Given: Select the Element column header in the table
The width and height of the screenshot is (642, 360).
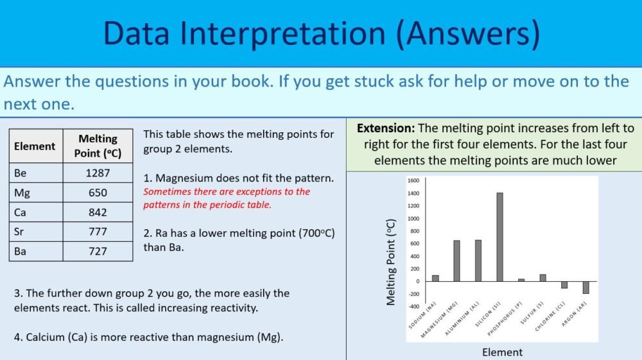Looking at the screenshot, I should tap(35, 146).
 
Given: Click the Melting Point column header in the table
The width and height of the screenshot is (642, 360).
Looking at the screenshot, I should tap(98, 146).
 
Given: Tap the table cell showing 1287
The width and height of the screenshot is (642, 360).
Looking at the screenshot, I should tap(98, 173).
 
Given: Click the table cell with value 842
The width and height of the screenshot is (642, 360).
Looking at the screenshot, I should tap(98, 212).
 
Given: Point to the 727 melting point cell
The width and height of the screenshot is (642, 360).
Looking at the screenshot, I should tap(98, 251).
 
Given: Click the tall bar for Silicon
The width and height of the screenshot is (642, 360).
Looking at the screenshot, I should tap(499, 237).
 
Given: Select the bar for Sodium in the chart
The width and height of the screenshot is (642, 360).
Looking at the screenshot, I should tap(435, 278).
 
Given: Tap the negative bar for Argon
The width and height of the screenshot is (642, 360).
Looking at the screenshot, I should tap(586, 287).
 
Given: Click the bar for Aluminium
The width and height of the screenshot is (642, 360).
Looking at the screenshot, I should tap(478, 261).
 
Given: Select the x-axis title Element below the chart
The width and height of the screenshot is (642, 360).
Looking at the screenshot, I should tap(502, 352).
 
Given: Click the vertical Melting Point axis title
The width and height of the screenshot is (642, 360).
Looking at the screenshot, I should tap(391, 262).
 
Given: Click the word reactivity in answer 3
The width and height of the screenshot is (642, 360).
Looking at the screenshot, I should tap(227, 308).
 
